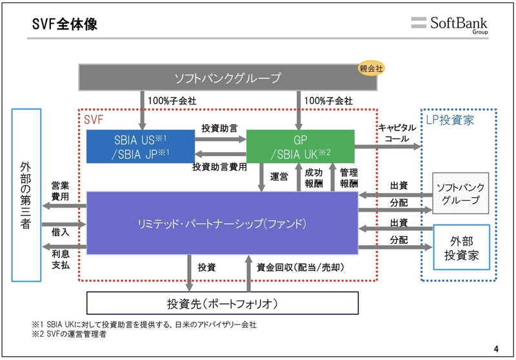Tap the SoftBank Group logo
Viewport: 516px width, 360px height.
(451, 24)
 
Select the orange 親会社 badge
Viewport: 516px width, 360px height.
(371, 68)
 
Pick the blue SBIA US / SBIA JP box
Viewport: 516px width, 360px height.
(141, 145)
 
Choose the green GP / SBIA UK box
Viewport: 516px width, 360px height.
(301, 145)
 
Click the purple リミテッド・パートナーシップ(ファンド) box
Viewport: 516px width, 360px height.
(223, 223)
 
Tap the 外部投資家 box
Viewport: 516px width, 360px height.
(461, 247)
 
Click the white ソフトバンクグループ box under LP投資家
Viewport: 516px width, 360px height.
(461, 194)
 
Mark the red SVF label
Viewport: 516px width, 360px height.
(94, 119)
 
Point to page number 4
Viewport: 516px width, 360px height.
(495, 349)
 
